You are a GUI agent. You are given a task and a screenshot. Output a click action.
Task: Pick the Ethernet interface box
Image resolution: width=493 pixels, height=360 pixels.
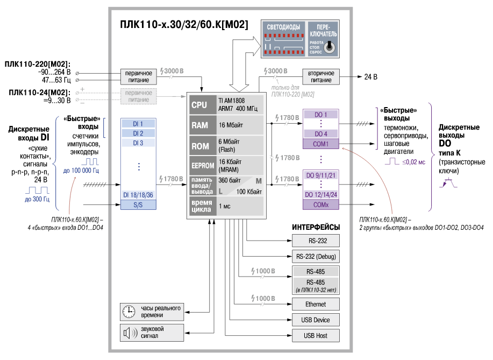tap(316, 304)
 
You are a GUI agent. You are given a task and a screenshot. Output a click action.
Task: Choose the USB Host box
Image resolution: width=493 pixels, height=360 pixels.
tap(316, 336)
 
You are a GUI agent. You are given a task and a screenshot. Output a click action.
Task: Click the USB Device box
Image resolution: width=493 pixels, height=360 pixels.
tap(316, 320)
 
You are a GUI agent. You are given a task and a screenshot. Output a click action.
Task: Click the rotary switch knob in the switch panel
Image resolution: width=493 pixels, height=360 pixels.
tap(331, 47)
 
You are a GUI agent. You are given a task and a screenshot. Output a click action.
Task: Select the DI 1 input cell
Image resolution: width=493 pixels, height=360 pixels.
tap(138, 124)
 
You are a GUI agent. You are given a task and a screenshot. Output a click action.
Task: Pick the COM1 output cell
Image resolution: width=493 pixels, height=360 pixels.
tap(320, 144)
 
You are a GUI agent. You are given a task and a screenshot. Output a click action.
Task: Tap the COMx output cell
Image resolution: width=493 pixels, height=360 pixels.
tap(320, 204)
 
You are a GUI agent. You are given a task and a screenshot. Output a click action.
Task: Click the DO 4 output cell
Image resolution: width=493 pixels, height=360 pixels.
tap(320, 133)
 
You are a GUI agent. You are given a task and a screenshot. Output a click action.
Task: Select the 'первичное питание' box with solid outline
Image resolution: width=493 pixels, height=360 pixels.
tap(139, 76)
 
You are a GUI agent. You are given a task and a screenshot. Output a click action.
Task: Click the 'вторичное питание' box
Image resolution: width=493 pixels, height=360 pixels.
tap(320, 76)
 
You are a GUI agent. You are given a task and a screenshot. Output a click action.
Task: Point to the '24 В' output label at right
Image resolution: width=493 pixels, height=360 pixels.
tap(371, 77)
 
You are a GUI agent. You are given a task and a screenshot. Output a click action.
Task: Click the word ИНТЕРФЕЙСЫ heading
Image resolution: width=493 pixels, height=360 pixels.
tap(316, 227)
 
